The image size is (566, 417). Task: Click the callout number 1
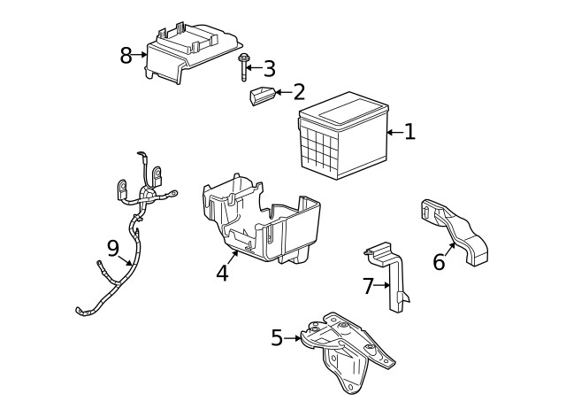(409, 132)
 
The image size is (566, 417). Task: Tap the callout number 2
(299, 91)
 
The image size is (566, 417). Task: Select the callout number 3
(269, 67)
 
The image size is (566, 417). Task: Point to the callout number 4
(222, 273)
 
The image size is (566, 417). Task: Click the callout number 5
(278, 337)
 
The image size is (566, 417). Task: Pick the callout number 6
(439, 262)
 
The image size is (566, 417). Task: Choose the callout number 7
(368, 285)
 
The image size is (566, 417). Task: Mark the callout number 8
(126, 55)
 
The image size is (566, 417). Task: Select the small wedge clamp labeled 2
(261, 97)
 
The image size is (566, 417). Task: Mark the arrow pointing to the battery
(394, 133)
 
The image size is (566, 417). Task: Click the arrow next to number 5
(294, 337)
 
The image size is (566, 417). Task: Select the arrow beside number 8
(141, 55)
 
